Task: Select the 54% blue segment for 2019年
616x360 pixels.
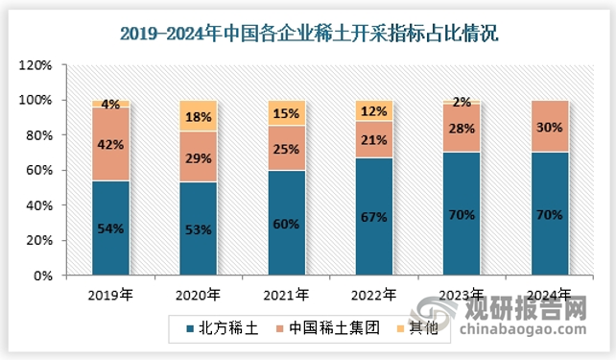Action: coord(110,228)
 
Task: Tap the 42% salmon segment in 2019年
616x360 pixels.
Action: coord(110,143)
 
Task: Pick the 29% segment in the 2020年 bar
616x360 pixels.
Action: coord(199,156)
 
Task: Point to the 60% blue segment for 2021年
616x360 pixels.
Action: coord(286,223)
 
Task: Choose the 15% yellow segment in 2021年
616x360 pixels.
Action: coord(286,112)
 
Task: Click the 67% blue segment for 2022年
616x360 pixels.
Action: coord(373,216)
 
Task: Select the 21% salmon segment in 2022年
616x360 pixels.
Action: coord(373,139)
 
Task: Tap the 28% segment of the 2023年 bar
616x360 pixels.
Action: coord(461,128)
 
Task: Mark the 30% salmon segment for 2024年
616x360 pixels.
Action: coord(549,126)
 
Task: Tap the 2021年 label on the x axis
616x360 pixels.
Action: coord(286,295)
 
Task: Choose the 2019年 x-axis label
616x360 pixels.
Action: coord(110,295)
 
